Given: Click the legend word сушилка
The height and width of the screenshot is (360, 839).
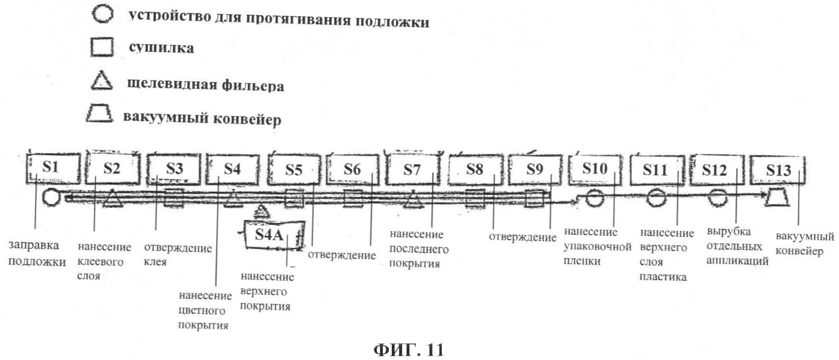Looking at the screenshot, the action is pos(162,48).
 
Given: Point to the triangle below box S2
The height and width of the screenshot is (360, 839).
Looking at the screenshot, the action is pos(112,198).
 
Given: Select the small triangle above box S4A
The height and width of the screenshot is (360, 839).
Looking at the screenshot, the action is pos(262,212).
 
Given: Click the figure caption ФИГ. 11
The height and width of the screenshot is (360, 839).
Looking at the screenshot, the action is pos(408,350).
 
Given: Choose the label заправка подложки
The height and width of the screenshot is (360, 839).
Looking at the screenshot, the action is pos(37,253).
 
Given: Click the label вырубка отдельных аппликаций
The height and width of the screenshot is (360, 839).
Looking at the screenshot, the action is pos(737,246).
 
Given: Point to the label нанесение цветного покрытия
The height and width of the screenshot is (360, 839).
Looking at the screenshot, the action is pos(205,310).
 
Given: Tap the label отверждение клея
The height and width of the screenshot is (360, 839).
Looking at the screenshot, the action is pos(178,255).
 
